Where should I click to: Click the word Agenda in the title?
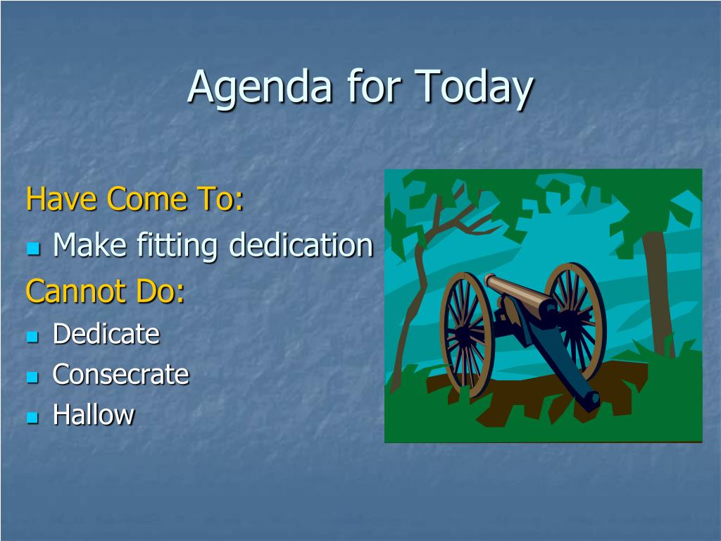pyautogui.click(x=260, y=87)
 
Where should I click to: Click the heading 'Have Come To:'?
pyautogui.click(x=134, y=199)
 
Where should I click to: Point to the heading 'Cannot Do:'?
pyautogui.click(x=106, y=291)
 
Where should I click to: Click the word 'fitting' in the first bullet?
pyautogui.click(x=177, y=245)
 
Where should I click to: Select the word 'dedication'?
pyautogui.click(x=301, y=244)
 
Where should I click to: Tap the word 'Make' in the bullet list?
pyautogui.click(x=89, y=244)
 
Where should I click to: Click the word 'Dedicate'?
pyautogui.click(x=106, y=333)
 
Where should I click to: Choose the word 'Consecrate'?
pyautogui.click(x=121, y=374)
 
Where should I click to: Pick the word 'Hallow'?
pyautogui.click(x=94, y=414)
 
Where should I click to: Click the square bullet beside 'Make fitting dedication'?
pyautogui.click(x=33, y=249)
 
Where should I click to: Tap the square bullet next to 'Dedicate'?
pyautogui.click(x=32, y=337)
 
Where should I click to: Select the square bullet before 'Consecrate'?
pyautogui.click(x=32, y=378)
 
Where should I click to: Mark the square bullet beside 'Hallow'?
pyautogui.click(x=32, y=418)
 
